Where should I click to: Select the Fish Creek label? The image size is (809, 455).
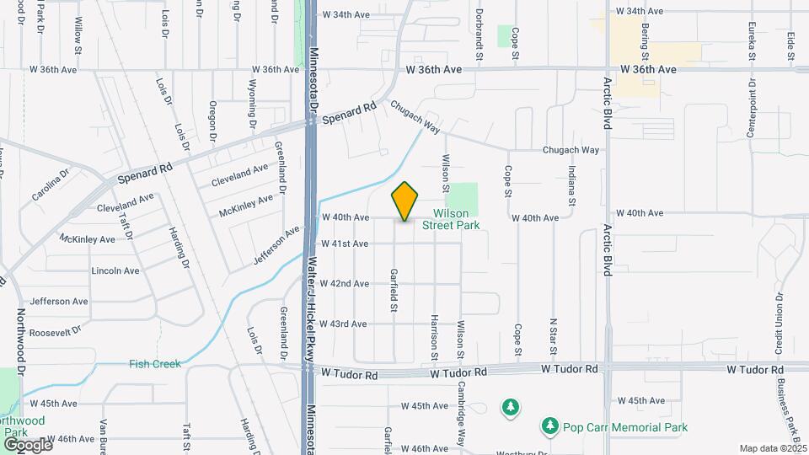click(x=154, y=364)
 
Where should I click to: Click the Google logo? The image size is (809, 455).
click(x=27, y=444)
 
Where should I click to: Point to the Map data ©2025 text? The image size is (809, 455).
click(x=772, y=448)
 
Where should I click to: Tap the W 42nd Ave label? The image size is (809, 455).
click(x=349, y=284)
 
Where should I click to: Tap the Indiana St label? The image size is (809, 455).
click(x=571, y=186)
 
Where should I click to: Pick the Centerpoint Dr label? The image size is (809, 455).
click(x=750, y=112)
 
